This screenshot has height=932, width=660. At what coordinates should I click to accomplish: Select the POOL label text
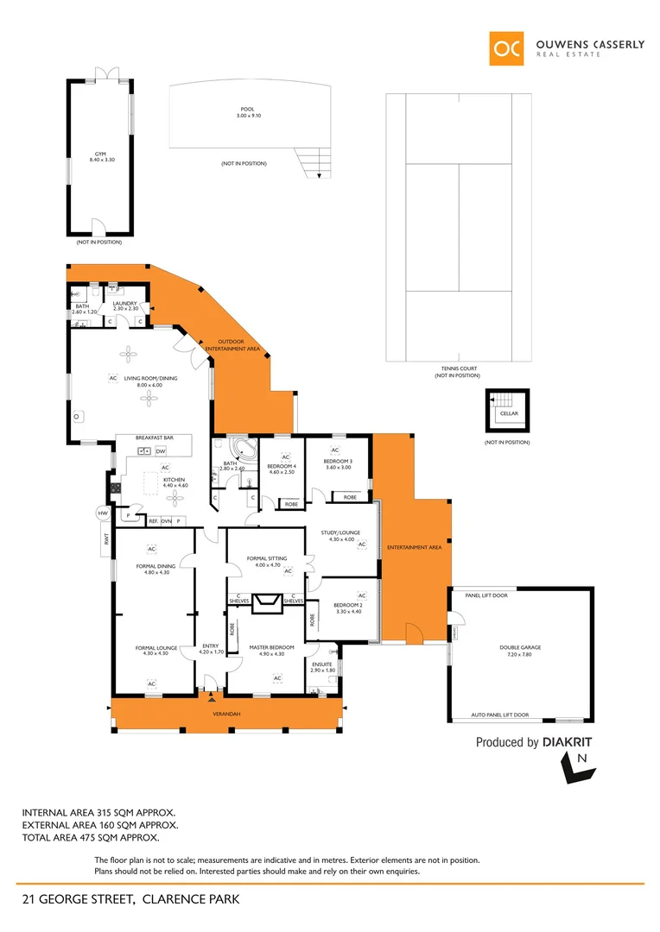pos(247,110)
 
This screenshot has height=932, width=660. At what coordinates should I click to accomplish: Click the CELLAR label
pos(510,413)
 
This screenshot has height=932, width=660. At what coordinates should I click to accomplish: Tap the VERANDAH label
pos(226,715)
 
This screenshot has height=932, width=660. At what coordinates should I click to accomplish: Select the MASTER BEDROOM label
pos(271,646)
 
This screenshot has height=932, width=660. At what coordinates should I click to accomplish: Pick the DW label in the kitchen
pos(161,451)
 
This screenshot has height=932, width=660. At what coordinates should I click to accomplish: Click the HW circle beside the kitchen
pos(103,514)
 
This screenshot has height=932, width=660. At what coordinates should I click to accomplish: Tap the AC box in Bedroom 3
pos(335,450)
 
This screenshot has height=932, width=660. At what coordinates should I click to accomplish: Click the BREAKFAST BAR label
pos(155,438)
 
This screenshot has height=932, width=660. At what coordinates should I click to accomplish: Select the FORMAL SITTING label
pos(266,558)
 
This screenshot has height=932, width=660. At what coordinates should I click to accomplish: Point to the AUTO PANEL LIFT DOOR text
pos(500,715)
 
